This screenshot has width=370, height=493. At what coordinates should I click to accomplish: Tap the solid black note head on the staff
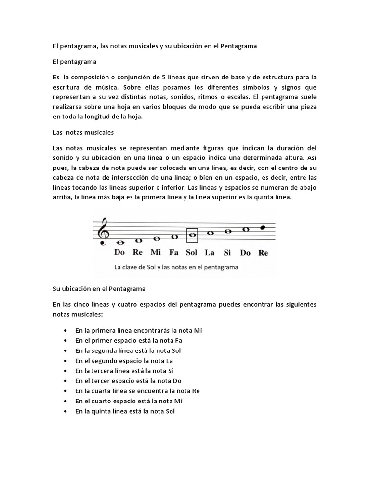click(263, 227)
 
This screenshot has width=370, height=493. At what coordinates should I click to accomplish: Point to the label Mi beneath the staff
click(156, 252)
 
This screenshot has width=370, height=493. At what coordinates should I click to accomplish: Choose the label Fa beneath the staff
click(173, 252)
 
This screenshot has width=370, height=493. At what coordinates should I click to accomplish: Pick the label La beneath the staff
click(210, 252)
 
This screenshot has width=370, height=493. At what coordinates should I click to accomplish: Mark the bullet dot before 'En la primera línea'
click(65, 331)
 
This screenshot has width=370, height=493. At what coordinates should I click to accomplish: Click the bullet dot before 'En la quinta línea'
click(65, 411)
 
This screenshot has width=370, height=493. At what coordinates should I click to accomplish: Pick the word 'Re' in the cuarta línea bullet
click(195, 391)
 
